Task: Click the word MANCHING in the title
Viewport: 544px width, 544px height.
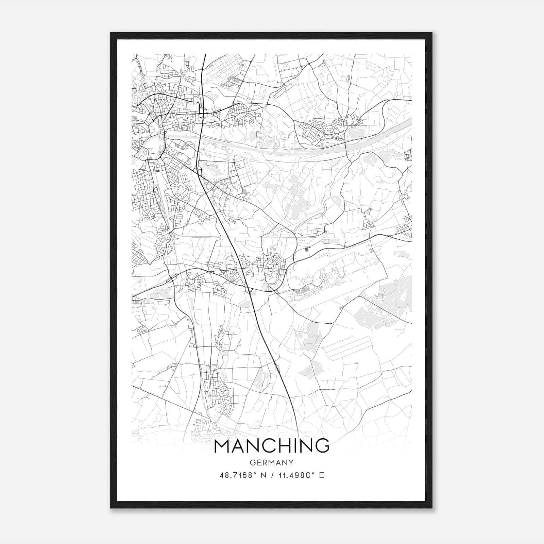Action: pos(272,446)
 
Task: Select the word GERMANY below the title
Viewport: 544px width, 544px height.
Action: pos(272,463)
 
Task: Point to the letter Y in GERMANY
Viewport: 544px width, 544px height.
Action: pos(291,463)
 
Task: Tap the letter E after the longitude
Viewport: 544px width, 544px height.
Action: pos(322,475)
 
